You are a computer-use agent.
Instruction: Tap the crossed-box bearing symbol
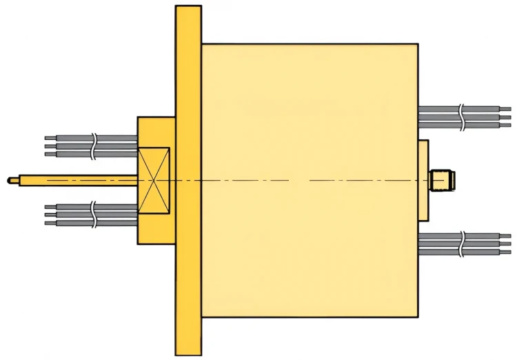tap(154, 181)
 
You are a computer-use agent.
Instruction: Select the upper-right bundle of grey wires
tap(441, 117)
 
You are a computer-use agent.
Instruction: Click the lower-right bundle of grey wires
tap(441, 243)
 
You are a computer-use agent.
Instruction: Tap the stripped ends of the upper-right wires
tap(505, 117)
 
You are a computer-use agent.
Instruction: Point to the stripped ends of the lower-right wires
tap(505, 243)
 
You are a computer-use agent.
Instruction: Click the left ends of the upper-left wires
tap(50, 146)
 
